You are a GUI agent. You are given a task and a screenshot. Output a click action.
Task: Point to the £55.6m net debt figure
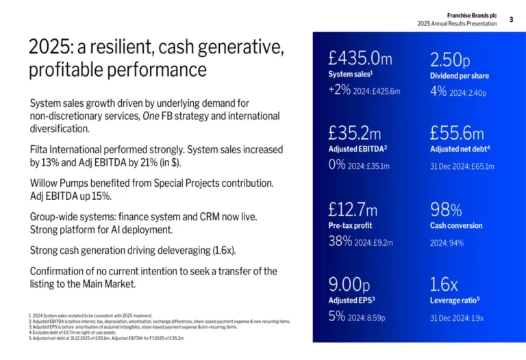457,133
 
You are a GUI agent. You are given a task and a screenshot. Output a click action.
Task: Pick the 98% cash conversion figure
446,209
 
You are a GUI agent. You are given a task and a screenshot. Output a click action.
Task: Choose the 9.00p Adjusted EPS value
349,283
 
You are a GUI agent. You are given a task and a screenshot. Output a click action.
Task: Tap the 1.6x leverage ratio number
444,283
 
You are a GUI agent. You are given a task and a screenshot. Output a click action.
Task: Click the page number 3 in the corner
511,19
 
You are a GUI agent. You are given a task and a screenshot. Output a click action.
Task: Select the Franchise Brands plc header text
472,15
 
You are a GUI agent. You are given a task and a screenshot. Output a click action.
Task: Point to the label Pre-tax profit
350,226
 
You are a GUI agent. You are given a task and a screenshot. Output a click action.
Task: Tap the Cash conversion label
456,226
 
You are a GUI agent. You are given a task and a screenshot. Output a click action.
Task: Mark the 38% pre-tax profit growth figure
340,242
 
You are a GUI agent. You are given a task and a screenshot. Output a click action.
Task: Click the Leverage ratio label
453,300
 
